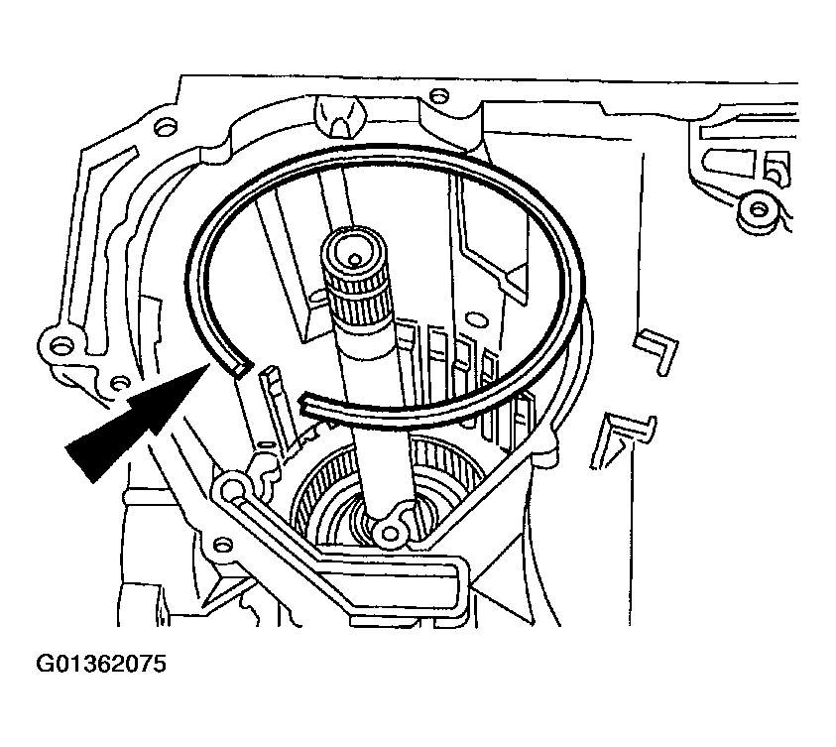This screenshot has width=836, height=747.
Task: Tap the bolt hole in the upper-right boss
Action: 758,209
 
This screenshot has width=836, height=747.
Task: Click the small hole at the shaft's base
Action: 390,534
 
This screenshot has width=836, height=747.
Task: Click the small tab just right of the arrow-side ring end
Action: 268,380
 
